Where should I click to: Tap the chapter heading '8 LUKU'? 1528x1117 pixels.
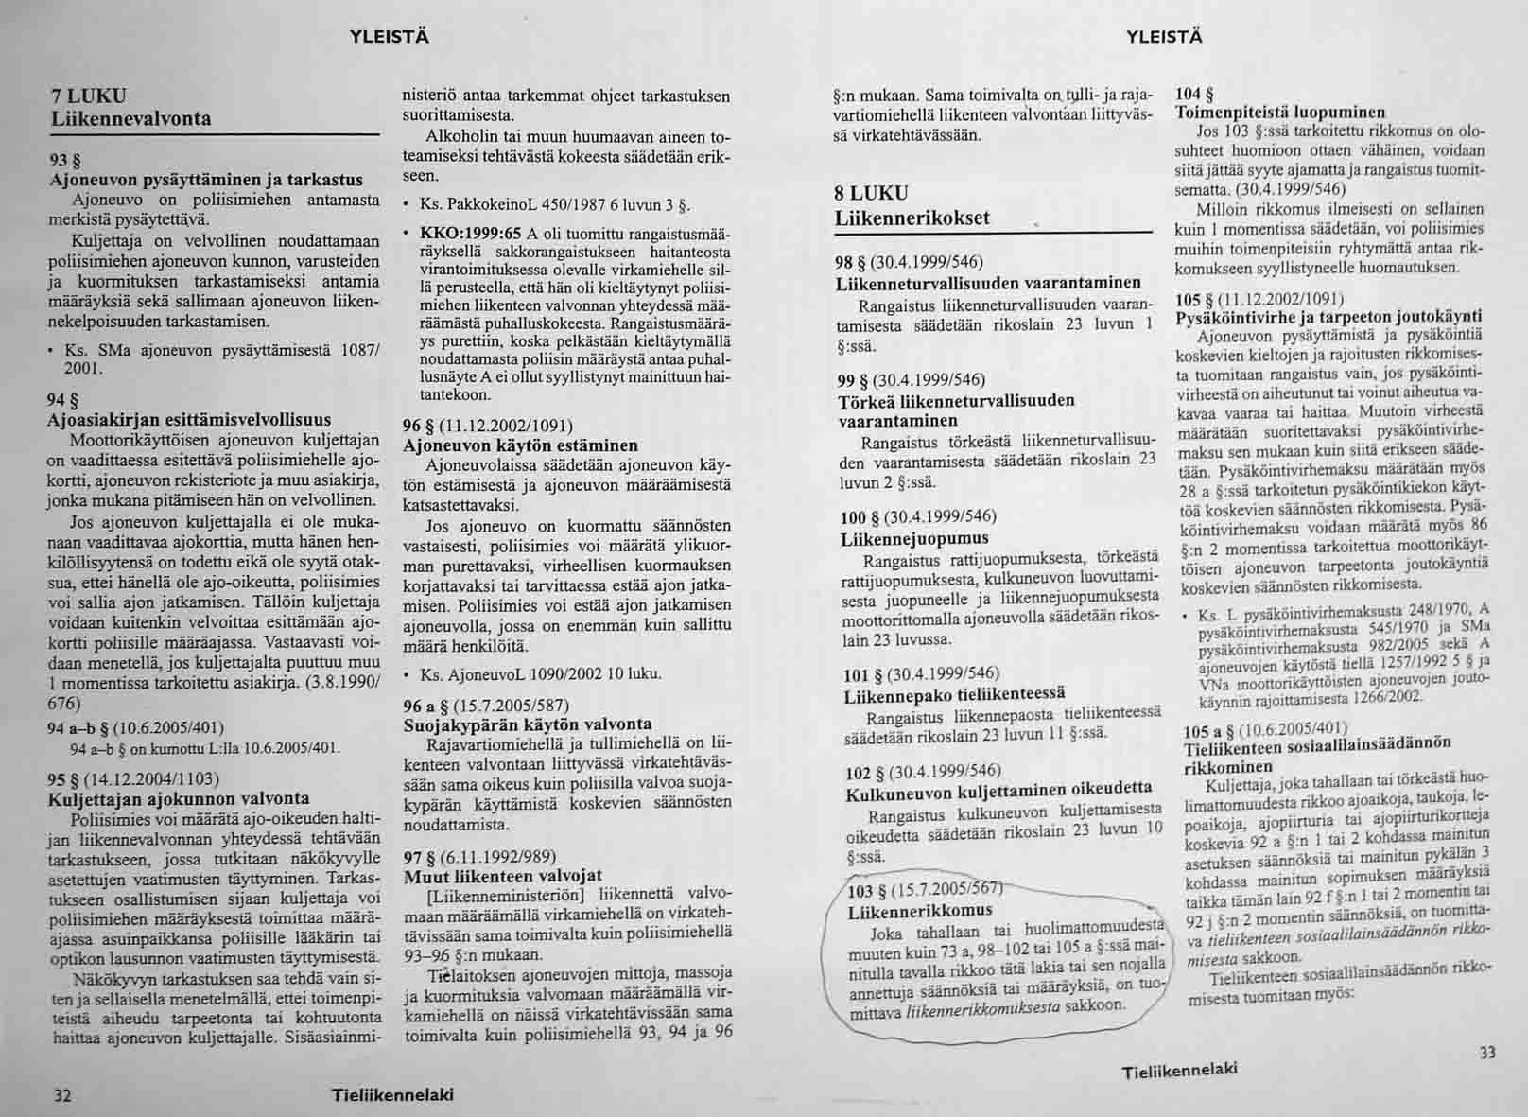[871, 193]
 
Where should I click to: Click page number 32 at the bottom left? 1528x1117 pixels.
[62, 1095]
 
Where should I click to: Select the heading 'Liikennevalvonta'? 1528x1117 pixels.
[130, 119]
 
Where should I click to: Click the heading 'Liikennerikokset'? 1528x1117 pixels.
[912, 218]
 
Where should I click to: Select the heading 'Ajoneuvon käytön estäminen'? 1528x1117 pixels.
[520, 445]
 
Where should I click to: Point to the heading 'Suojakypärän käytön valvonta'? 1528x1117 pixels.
[527, 725]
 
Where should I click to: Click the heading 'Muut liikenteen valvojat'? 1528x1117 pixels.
[502, 875]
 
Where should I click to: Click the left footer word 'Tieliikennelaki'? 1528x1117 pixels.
[393, 1095]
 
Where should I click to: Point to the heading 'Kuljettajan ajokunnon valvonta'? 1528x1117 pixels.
[178, 799]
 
